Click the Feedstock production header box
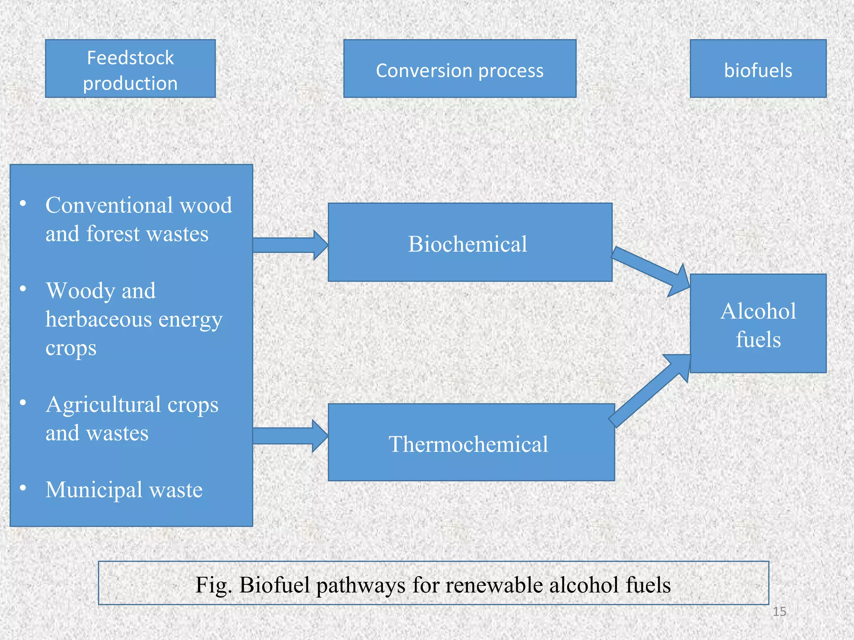(130, 69)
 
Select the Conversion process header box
(460, 69)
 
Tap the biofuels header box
(758, 69)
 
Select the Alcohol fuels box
(758, 324)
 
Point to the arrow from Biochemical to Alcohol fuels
(651, 270)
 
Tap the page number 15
(779, 612)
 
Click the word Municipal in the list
(94, 490)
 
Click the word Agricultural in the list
(103, 405)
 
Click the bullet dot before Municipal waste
(23, 488)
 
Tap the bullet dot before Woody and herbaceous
(23, 288)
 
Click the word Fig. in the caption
(213, 585)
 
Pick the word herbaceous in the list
(98, 320)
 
